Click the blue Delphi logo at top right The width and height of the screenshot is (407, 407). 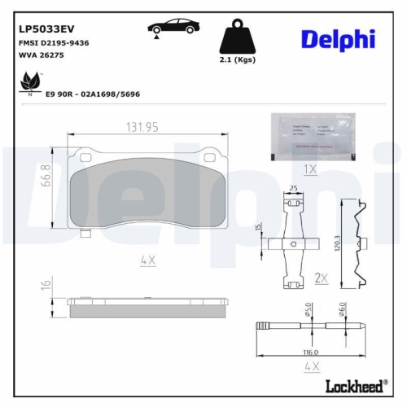coord(337,38)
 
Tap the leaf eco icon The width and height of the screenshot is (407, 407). coord(30,82)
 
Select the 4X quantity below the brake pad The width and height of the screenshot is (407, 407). coord(147,260)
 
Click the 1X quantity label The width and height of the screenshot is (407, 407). coord(309,169)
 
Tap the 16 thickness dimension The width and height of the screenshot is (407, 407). coord(46,285)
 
